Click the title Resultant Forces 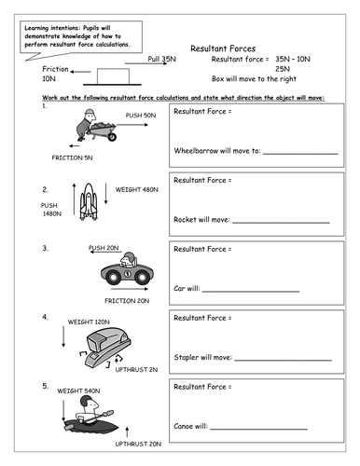[x=223, y=48]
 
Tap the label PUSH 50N [x=141, y=116]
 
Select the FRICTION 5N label [x=72, y=158]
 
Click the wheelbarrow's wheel [x=112, y=136]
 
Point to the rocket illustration [x=89, y=201]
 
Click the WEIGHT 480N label [x=137, y=189]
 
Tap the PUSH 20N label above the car [x=104, y=248]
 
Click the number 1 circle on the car [x=128, y=274]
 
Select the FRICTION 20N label [x=127, y=301]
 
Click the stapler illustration [x=105, y=348]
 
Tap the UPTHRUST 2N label [x=136, y=370]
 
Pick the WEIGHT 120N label [x=89, y=322]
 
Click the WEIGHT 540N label [x=78, y=391]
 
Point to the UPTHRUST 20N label [x=138, y=444]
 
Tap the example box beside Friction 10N [x=113, y=76]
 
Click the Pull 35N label [x=161, y=59]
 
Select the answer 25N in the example [x=283, y=69]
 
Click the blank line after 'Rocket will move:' [x=281, y=223]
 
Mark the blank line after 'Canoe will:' [x=258, y=429]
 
